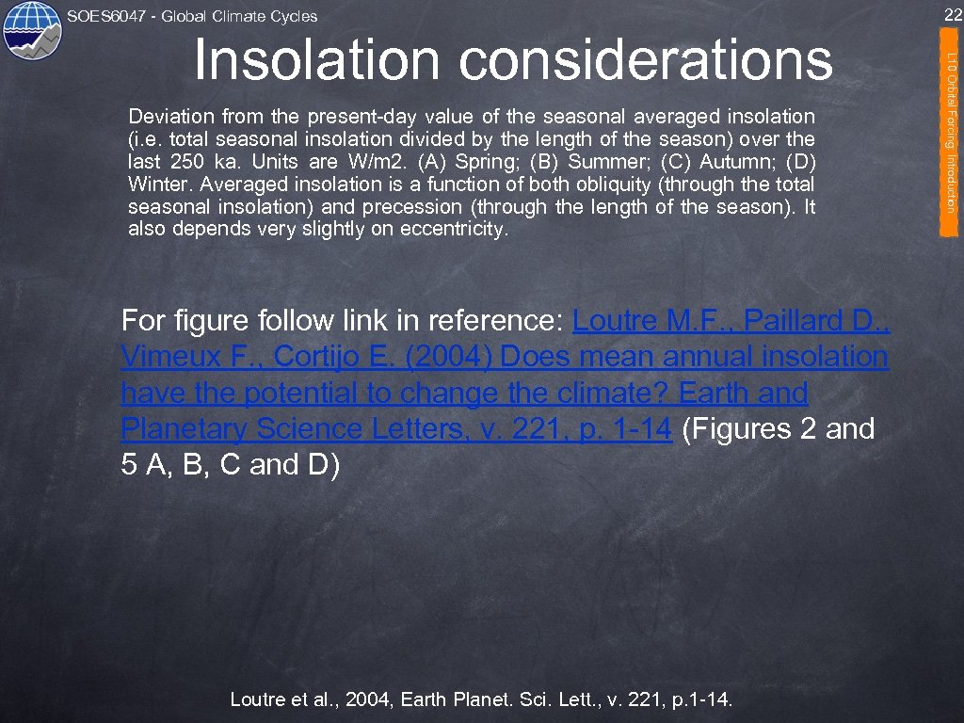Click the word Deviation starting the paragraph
tap(170, 117)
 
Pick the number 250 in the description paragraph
tap(186, 162)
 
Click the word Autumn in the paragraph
tap(726, 162)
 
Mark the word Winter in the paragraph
tap(155, 185)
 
